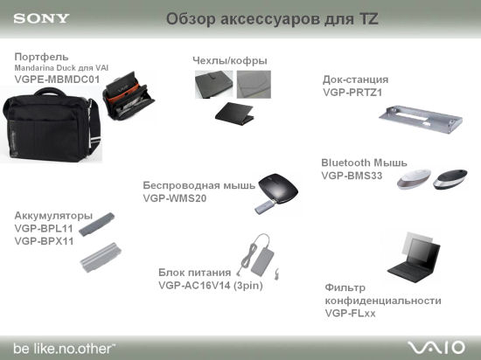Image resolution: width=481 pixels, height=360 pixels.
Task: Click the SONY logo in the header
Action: click(41, 18)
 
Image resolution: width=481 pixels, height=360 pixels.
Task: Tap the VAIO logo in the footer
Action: click(436, 348)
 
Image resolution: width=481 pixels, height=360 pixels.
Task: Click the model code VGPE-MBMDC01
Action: click(57, 80)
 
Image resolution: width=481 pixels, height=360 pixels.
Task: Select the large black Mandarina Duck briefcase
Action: click(52, 126)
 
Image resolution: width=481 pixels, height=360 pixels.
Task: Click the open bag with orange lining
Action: click(129, 95)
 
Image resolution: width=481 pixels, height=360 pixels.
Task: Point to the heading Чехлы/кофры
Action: click(230, 60)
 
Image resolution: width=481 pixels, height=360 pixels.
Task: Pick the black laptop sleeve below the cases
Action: click(234, 114)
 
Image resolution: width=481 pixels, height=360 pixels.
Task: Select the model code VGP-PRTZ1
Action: click(352, 93)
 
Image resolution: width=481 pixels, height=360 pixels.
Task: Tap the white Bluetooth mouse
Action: click(415, 178)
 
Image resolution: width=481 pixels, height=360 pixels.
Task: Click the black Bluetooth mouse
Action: click(450, 179)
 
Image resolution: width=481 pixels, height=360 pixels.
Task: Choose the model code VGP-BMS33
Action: click(352, 176)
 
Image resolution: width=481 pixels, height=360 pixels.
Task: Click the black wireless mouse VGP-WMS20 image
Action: click(278, 188)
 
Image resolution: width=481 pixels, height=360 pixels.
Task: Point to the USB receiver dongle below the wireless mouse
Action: click(265, 207)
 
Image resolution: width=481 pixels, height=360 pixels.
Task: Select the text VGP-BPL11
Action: click(44, 228)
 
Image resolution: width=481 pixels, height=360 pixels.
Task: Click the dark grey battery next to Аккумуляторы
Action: click(96, 225)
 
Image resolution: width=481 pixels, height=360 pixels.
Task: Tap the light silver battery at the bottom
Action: click(101, 257)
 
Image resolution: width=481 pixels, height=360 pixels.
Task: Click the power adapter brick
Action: click(262, 261)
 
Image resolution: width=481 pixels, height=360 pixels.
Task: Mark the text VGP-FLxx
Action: click(350, 313)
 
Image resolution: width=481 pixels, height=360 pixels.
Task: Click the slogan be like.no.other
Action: click(64, 349)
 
